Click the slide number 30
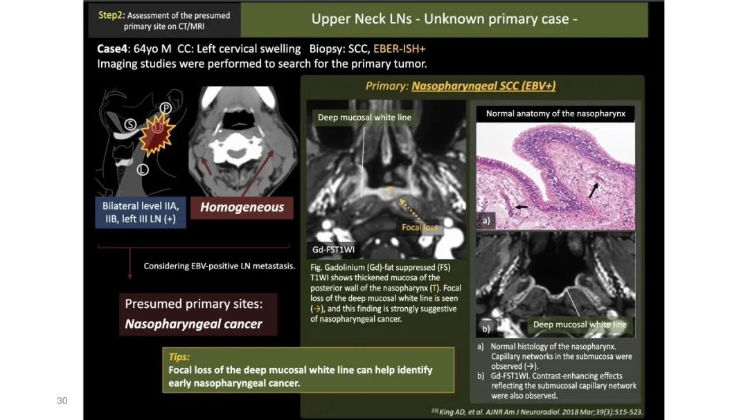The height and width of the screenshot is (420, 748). (62, 401)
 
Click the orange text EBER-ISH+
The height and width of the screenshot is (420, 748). (400, 48)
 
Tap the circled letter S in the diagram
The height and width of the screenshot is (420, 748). (130, 125)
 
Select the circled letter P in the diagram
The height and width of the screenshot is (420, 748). (166, 108)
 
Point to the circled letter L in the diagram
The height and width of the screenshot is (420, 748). (143, 170)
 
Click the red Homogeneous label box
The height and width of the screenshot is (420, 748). (242, 208)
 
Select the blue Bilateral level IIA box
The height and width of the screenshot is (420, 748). (141, 212)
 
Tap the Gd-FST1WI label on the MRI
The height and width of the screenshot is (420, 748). (333, 249)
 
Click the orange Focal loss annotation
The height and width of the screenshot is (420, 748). (419, 228)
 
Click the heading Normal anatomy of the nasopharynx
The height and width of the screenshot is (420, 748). (555, 113)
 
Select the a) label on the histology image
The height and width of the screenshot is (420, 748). (486, 221)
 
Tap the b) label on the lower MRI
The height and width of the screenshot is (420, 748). (486, 329)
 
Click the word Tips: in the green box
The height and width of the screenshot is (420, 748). (179, 356)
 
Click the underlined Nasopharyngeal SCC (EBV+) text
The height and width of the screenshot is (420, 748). (483, 86)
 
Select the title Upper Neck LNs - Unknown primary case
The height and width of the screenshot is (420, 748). (444, 19)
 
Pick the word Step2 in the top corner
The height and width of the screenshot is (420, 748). (110, 15)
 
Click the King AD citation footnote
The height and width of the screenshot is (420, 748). (537, 412)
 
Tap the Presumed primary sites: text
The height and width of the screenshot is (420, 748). (194, 304)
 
